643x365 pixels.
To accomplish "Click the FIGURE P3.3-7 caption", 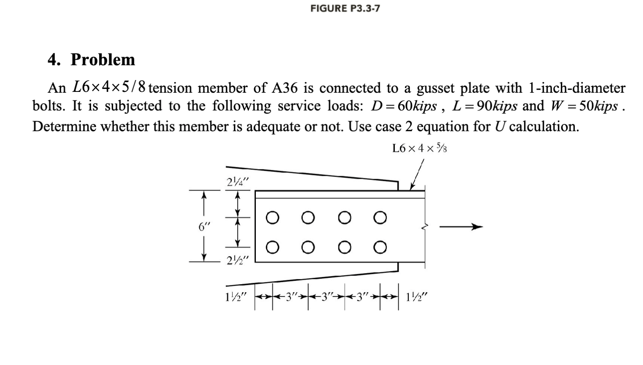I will point(345,8).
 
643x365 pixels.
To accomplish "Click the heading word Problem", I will point(103,59).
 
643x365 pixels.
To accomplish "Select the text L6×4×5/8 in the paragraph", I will point(109,87).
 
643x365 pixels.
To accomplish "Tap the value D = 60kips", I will point(404,106).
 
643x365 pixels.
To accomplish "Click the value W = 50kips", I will point(584,106).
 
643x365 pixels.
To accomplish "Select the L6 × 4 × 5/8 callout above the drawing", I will point(419,148).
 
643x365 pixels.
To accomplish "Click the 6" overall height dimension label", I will point(204,226).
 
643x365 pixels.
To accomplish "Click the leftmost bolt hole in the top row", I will point(273,218).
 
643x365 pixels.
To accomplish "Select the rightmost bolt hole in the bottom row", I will point(380,247).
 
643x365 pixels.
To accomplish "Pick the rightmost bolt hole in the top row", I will point(380,218).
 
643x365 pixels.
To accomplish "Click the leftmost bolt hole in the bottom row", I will point(273,247).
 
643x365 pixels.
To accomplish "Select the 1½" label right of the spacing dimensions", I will point(417,296).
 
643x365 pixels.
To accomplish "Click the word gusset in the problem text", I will point(436,88).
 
